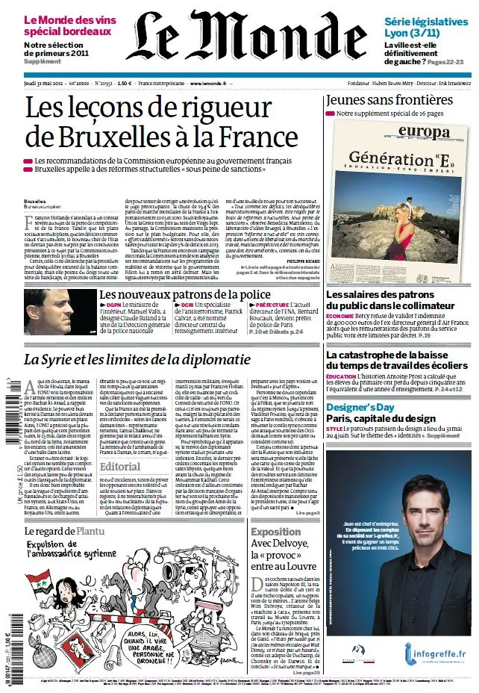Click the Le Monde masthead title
[x=239, y=37]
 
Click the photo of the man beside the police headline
[x=49, y=312]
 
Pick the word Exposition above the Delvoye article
[x=276, y=532]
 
